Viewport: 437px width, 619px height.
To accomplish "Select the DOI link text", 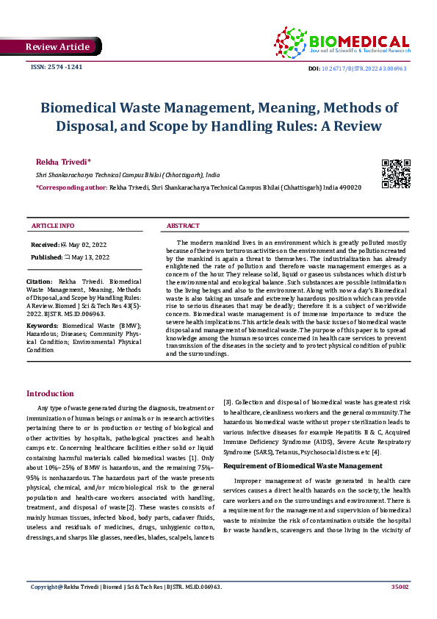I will pyautogui.click(x=364, y=68).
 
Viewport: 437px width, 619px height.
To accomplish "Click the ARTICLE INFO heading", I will pyautogui.click(x=53, y=226).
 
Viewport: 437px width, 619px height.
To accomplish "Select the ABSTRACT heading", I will pyautogui.click(x=184, y=226).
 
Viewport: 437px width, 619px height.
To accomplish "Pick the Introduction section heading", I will pyautogui.click(x=50, y=394).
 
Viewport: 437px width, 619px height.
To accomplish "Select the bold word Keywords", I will pyautogui.click(x=42, y=325).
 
